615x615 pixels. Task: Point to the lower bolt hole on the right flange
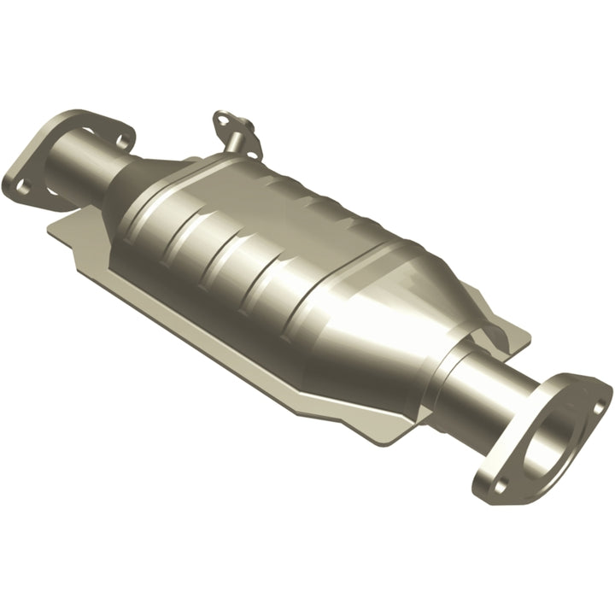tap(498, 483)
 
